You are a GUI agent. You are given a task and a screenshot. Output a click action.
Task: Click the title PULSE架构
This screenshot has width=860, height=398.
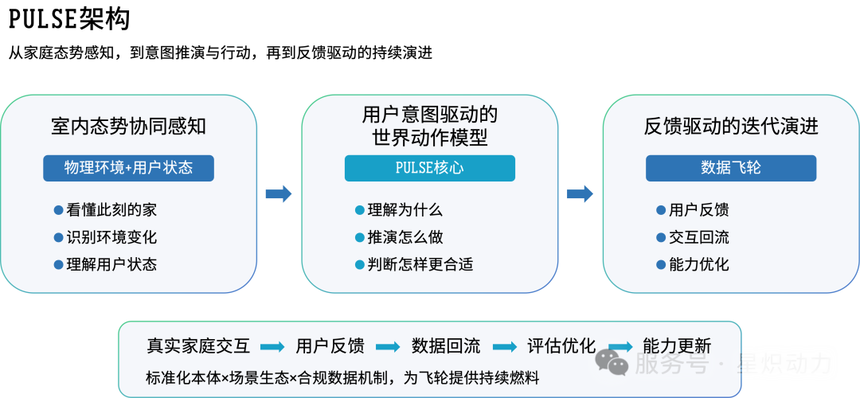(69, 20)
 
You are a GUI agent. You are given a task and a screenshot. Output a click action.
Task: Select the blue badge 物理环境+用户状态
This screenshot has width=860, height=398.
(128, 168)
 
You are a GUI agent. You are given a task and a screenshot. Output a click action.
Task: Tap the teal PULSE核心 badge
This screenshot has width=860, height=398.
(429, 168)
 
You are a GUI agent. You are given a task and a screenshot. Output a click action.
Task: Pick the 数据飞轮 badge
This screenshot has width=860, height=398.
(730, 168)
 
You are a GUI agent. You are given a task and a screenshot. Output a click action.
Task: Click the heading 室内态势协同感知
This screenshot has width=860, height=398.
(128, 127)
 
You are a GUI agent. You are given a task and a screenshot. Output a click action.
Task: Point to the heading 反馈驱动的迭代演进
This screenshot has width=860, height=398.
(730, 127)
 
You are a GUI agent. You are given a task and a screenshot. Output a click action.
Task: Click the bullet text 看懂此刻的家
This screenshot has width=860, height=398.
(112, 210)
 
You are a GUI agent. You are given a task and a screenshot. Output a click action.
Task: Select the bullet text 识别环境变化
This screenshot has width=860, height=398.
(112, 237)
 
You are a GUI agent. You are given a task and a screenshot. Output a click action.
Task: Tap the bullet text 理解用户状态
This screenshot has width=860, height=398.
(112, 265)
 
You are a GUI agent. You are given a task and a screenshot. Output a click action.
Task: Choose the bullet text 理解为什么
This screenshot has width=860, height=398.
(405, 210)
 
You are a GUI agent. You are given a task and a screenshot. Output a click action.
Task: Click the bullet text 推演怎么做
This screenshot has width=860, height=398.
(405, 237)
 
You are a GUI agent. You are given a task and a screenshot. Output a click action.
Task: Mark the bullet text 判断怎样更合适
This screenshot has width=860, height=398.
(420, 265)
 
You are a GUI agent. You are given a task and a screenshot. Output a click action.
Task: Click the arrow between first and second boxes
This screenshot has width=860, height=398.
(279, 194)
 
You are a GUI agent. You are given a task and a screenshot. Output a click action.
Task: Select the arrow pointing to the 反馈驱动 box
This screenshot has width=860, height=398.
(580, 194)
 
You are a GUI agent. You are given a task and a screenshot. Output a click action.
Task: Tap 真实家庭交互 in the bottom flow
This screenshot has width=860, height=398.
(198, 346)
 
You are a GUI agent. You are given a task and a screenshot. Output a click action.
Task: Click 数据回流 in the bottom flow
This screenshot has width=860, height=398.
(446, 346)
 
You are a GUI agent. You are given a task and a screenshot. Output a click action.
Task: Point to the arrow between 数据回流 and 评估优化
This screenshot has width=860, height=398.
(505, 347)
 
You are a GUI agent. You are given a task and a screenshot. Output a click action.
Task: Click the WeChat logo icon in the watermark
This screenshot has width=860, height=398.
(612, 362)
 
